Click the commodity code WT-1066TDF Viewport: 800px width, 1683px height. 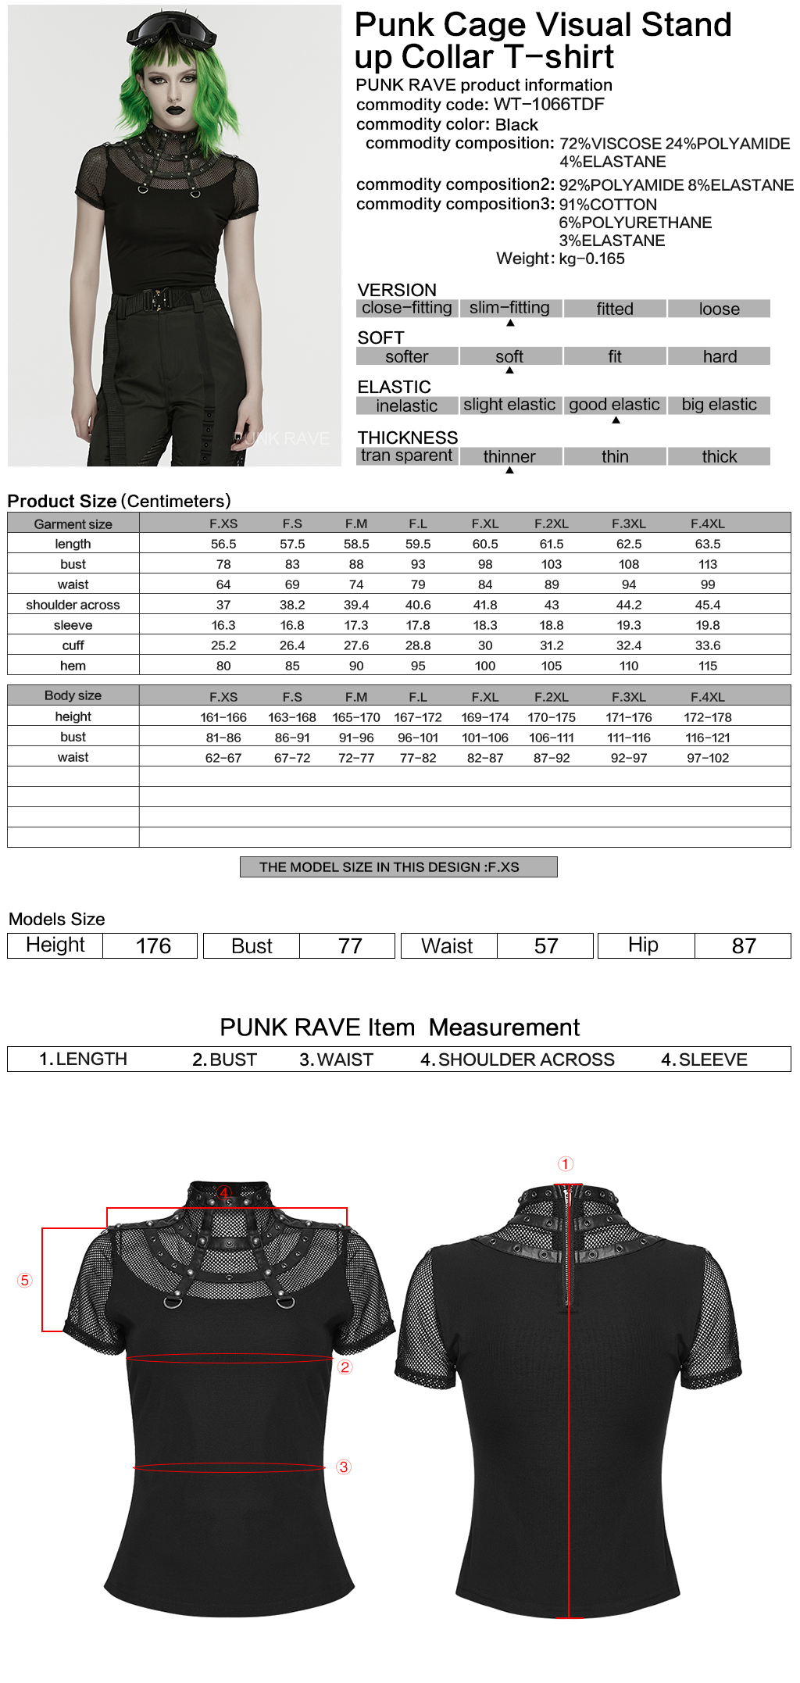coord(548,105)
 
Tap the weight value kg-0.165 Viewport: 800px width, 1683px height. coord(591,259)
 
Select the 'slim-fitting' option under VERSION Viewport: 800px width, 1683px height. coord(509,308)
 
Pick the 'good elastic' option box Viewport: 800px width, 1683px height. coord(614,405)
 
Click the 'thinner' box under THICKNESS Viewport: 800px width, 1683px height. coord(509,456)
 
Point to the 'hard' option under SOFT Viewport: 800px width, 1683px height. coord(719,356)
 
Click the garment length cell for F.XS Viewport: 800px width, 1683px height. coord(223,544)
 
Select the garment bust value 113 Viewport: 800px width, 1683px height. coord(708,564)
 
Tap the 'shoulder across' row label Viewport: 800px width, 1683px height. coord(73,605)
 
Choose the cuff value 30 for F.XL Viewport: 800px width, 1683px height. coord(485,645)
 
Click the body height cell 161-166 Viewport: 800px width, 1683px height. coord(223,717)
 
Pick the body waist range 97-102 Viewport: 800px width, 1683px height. coord(708,758)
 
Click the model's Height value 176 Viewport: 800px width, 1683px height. coord(153,946)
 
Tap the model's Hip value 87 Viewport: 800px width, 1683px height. coord(744,946)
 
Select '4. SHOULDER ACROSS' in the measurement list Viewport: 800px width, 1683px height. coord(517,1059)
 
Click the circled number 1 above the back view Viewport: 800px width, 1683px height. coord(566,1164)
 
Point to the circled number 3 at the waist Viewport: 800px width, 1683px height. coord(344,1467)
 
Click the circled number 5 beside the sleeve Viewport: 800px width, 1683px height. coord(25,1280)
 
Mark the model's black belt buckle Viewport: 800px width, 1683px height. coord(162,299)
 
